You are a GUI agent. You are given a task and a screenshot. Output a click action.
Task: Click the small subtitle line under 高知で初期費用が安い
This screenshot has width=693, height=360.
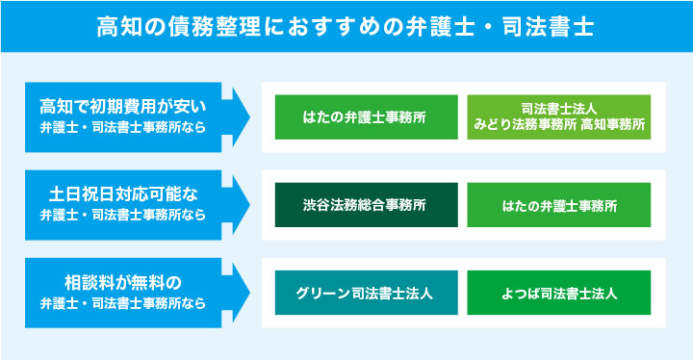(x=122, y=126)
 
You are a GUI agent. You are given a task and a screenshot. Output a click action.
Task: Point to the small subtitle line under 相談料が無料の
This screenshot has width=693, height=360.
(x=122, y=303)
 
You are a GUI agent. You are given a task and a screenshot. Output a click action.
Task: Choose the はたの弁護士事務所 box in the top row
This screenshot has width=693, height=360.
(x=365, y=116)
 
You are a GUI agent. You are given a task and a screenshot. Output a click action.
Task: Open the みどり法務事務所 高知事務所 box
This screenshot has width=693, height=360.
(x=558, y=116)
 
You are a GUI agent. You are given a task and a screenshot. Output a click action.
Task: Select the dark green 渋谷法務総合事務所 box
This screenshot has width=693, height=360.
(x=365, y=205)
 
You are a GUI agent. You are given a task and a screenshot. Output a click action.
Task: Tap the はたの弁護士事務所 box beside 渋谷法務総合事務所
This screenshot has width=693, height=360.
(x=558, y=205)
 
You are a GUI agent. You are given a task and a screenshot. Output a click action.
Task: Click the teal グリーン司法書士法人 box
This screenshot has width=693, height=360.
(x=365, y=294)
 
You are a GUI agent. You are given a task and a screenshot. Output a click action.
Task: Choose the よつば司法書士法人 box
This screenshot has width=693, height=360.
(x=558, y=294)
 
